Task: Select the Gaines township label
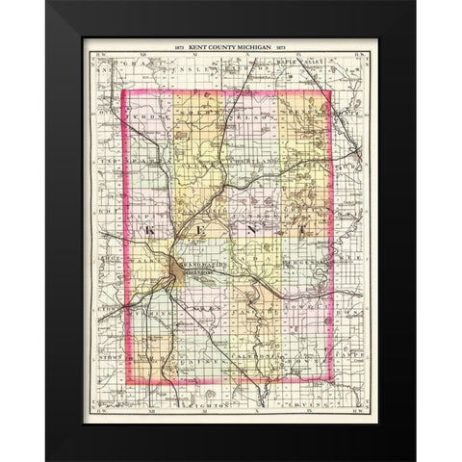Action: point(202,363)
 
